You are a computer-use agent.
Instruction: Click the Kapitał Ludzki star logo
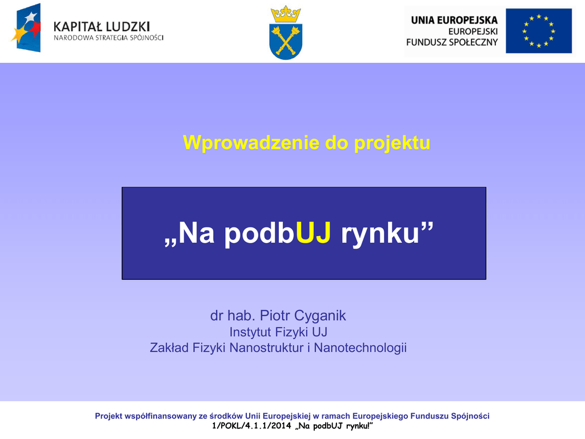coord(26,27)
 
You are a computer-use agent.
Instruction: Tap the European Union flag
coord(539,31)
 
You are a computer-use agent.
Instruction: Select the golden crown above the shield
coord(286,14)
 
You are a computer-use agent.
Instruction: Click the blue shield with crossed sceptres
coord(286,41)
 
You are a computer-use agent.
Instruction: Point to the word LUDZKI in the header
coord(128,27)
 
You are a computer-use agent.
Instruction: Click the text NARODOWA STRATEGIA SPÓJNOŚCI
coord(109,38)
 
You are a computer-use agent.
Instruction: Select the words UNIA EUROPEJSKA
coord(454,20)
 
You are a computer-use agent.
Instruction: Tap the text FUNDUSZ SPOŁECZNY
coord(452,42)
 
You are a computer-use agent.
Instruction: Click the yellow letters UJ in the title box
coord(314,233)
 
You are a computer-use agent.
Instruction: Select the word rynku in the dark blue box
coord(380,234)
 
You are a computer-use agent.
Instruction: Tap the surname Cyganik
coord(320,316)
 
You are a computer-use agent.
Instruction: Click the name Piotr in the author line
coord(275,316)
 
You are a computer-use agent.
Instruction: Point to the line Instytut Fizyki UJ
coord(278,332)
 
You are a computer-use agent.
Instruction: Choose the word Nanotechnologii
coord(360,348)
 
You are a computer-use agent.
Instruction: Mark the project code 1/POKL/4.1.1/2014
coord(251,426)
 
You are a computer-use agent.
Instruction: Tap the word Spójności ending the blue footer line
coord(470,416)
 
